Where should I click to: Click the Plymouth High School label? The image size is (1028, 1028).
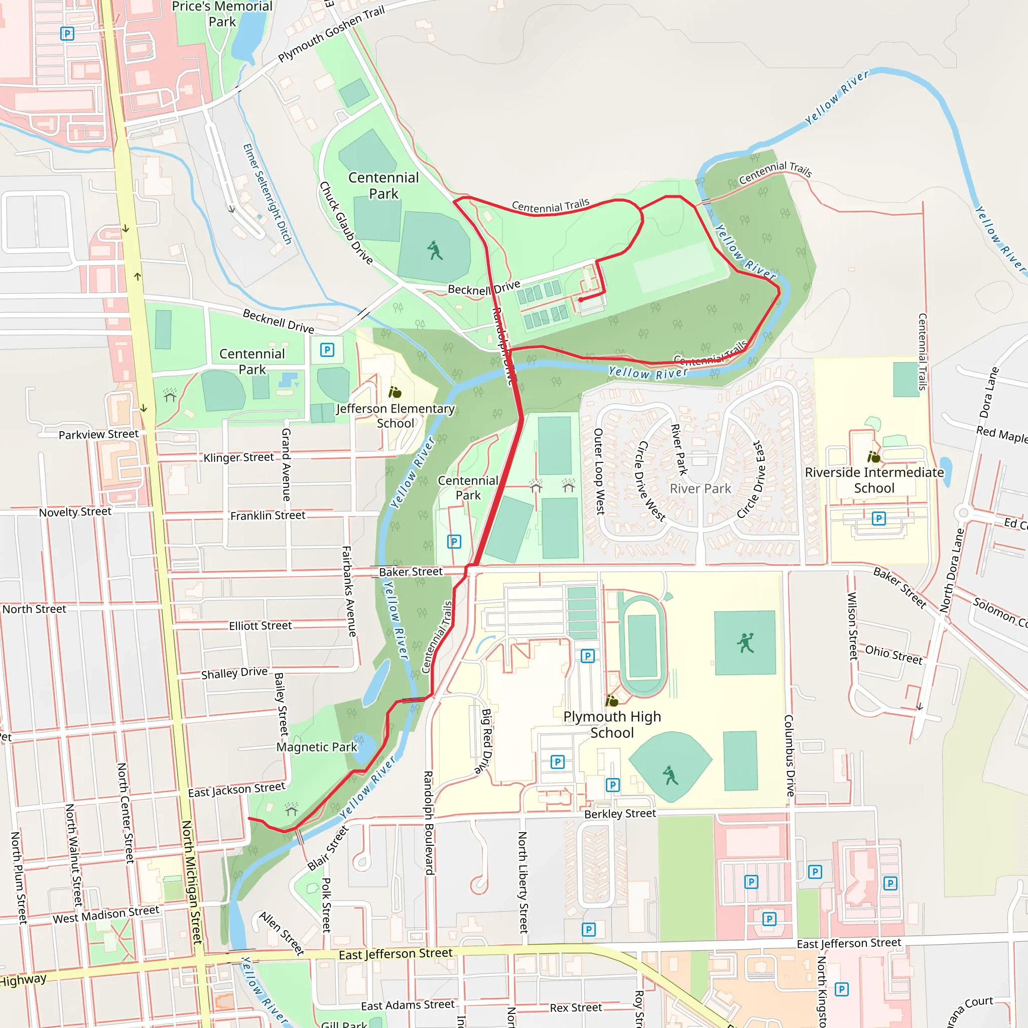click(x=612, y=724)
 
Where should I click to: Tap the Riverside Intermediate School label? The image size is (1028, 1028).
click(x=874, y=480)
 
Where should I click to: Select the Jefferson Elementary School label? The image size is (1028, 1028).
click(x=395, y=416)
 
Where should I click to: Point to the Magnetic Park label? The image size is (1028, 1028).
click(x=317, y=747)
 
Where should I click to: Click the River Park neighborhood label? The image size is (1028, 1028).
click(x=700, y=488)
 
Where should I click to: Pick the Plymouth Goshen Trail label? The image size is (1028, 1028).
click(x=331, y=34)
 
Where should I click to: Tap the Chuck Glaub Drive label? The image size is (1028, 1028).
click(x=345, y=223)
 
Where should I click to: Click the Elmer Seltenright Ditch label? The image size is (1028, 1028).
click(x=267, y=194)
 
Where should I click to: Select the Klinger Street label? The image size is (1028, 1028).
click(x=238, y=457)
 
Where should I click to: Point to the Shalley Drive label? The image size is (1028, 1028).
click(x=234, y=673)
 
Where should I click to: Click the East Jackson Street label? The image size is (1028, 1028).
click(x=236, y=790)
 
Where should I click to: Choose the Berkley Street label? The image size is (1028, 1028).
click(x=620, y=814)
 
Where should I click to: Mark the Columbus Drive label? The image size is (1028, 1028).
click(x=789, y=755)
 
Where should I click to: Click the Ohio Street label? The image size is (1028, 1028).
click(x=893, y=655)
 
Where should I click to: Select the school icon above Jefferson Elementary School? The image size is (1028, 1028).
click(x=395, y=393)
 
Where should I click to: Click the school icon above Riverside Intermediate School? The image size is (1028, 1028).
click(x=873, y=457)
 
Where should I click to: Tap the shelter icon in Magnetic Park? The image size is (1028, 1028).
click(x=291, y=810)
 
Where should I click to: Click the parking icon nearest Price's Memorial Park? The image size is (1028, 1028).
click(x=67, y=34)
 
